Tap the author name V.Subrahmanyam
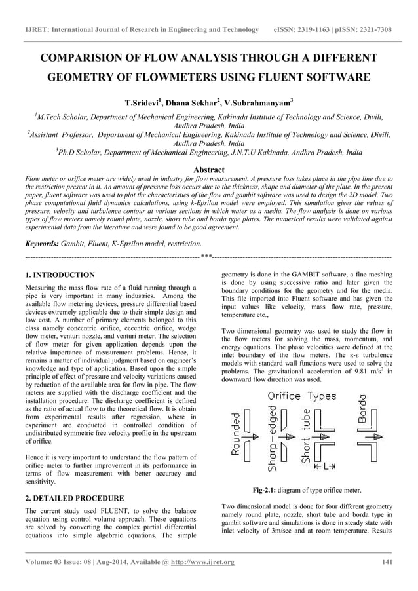[257, 104]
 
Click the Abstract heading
[209, 169]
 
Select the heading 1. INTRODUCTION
[59, 275]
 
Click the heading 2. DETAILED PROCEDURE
[74, 499]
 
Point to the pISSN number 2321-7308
[379, 29]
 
